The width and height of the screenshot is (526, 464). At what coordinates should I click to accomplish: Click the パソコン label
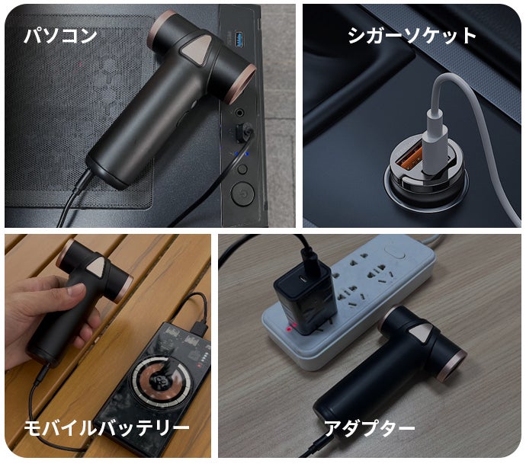pyautogui.click(x=61, y=36)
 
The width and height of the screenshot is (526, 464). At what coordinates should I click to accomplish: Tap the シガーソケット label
pyautogui.click(x=412, y=36)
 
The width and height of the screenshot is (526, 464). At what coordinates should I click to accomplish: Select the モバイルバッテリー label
pyautogui.click(x=107, y=428)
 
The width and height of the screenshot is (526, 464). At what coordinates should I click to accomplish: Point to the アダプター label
pyautogui.click(x=369, y=428)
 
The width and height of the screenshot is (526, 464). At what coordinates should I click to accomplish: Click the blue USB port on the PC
pyautogui.click(x=239, y=39)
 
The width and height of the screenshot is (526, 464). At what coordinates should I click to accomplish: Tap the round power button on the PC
pyautogui.click(x=242, y=194)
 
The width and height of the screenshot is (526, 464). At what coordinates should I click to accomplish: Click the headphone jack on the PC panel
pyautogui.click(x=239, y=112)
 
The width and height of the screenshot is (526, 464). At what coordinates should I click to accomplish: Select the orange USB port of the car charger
pyautogui.click(x=407, y=158)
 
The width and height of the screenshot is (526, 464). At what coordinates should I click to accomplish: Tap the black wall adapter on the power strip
pyautogui.click(x=305, y=296)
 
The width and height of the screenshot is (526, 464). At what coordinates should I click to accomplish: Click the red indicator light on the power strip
pyautogui.click(x=288, y=330)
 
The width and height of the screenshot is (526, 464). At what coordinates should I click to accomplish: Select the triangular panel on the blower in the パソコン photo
pyautogui.click(x=196, y=50)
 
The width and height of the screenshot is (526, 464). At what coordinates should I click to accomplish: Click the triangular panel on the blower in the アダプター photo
pyautogui.click(x=422, y=335)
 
